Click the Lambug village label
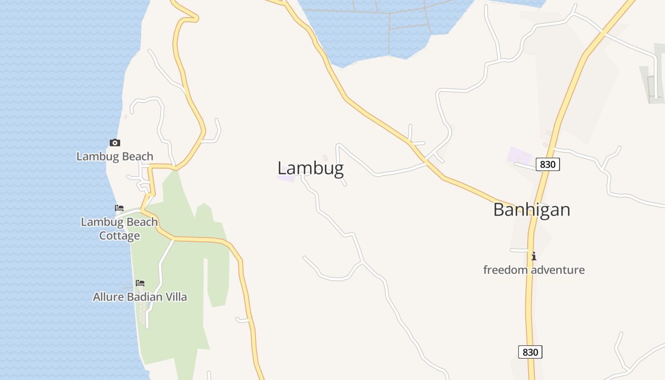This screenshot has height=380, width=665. click(x=310, y=168)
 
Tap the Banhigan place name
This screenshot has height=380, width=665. click(x=532, y=209)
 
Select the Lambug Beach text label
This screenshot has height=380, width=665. click(x=115, y=156)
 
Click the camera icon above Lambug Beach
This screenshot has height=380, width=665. click(x=115, y=142)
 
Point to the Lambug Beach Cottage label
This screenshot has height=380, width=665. click(x=119, y=228)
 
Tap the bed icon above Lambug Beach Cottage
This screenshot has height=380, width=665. click(x=119, y=208)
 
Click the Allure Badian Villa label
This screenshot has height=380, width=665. click(x=140, y=297)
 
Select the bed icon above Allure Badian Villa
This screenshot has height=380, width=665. click(x=140, y=283)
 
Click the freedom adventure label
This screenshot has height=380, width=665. click(x=534, y=270)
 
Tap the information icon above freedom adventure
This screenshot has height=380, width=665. click(x=534, y=256)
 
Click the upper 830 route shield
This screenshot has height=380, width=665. click(x=548, y=164)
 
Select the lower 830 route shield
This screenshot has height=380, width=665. click(x=530, y=352)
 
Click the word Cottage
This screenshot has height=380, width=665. click(x=119, y=236)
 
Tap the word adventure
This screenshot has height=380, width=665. click(x=558, y=270)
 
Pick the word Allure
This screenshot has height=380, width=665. click(x=107, y=297)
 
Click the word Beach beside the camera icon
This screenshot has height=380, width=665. click(x=138, y=156)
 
